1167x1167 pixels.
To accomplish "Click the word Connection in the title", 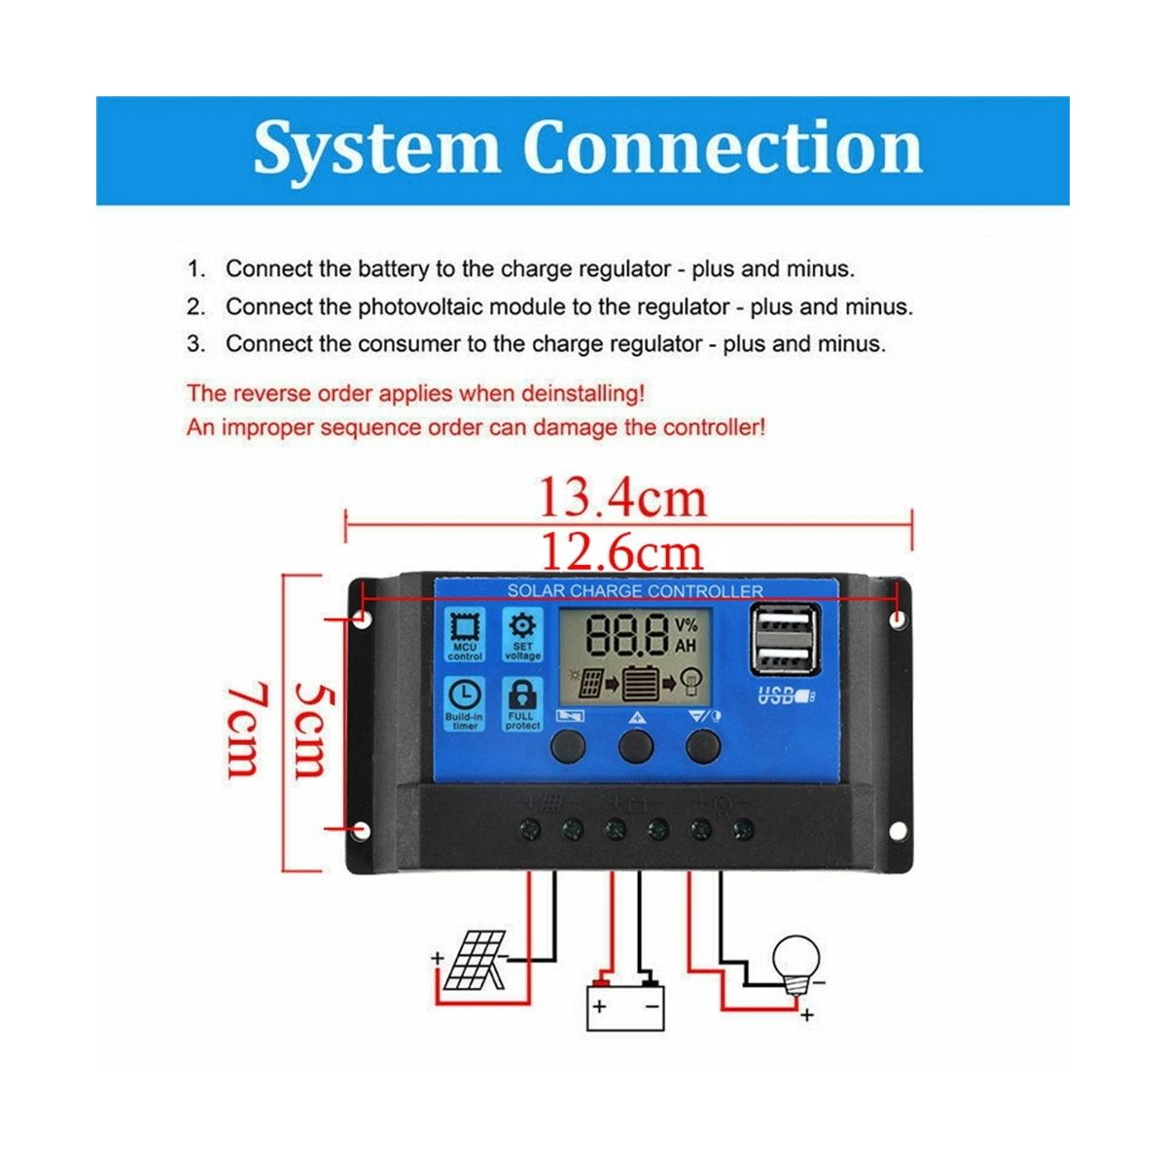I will (722, 149).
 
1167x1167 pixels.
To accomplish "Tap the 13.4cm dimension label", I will (622, 498).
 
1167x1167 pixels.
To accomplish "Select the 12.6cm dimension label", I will (620, 552).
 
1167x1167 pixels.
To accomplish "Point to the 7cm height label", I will (243, 729).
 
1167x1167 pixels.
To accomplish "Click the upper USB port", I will (784, 622).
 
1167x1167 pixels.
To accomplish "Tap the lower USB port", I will (784, 658).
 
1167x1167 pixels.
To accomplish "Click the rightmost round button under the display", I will (703, 746).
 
